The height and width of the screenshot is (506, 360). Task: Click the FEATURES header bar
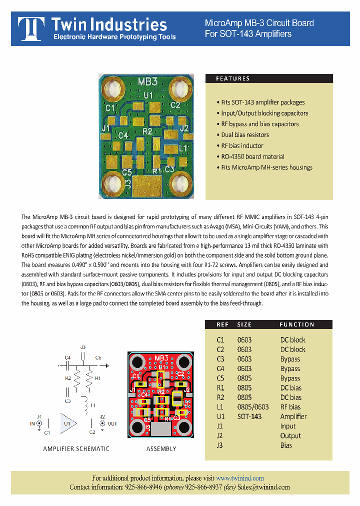(x=269, y=78)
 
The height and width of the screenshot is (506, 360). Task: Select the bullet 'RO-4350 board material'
(x=252, y=156)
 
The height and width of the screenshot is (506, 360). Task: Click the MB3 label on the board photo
(x=147, y=82)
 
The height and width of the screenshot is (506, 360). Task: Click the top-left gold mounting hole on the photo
(x=113, y=88)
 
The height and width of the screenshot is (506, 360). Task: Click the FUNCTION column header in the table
(x=296, y=324)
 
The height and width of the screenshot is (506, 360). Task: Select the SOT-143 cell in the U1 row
(x=249, y=416)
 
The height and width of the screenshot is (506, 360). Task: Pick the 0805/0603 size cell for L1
(x=252, y=407)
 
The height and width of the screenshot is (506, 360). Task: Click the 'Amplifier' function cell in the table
(x=293, y=416)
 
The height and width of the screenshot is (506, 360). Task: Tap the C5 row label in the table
(x=220, y=378)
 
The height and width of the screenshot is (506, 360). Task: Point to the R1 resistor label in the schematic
(x=98, y=378)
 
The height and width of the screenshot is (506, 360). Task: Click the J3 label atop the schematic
(x=83, y=347)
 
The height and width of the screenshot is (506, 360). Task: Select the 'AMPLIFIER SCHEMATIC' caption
(x=76, y=448)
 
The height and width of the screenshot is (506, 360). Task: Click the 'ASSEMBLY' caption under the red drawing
(x=161, y=448)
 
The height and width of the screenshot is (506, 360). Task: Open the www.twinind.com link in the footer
(x=240, y=478)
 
